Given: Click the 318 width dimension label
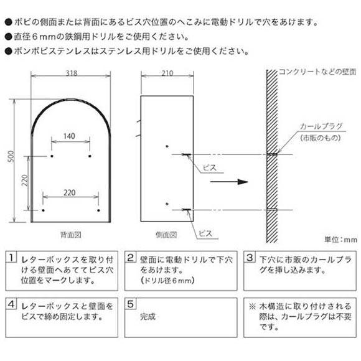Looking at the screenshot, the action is (x=72, y=73).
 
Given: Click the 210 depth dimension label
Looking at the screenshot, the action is (x=167, y=73).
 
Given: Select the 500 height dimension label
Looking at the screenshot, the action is (x=11, y=157).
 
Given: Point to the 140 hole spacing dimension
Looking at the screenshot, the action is (x=69, y=136).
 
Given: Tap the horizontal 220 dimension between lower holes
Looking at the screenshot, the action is (x=70, y=192).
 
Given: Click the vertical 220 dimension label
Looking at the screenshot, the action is (x=25, y=180).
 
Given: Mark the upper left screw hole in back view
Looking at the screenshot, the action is (x=52, y=156).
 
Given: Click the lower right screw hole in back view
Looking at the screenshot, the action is (x=98, y=210).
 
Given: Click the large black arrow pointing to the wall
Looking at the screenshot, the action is (x=229, y=182).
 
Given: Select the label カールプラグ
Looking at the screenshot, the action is (x=321, y=126).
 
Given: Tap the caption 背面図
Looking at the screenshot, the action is (x=71, y=235).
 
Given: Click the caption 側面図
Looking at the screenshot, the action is (x=166, y=235).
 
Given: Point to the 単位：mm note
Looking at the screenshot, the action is (x=341, y=240).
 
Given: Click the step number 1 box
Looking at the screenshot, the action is (x=11, y=257).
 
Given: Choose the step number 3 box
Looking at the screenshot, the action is (x=250, y=257).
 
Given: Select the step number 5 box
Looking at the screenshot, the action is (x=130, y=304).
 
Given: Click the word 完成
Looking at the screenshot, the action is (x=148, y=317).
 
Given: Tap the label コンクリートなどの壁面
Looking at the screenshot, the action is (x=317, y=72).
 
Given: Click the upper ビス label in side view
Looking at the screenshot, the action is (x=210, y=167).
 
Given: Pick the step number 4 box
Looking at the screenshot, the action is (x=11, y=304).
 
